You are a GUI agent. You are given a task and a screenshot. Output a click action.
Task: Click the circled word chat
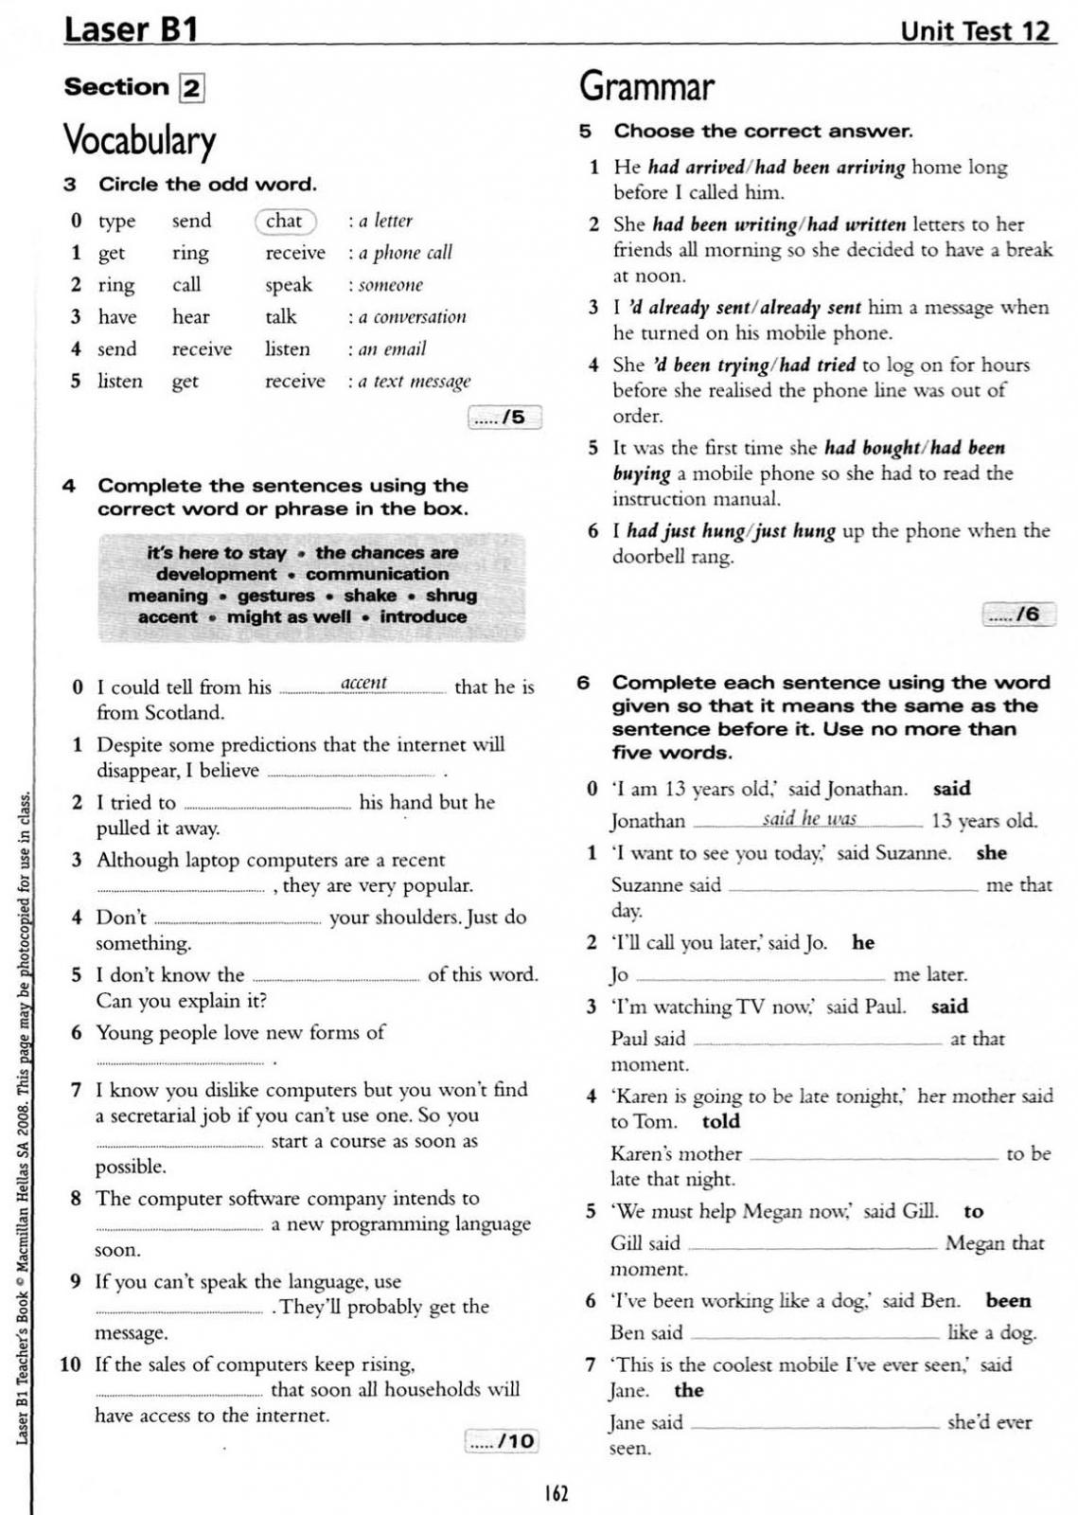285,222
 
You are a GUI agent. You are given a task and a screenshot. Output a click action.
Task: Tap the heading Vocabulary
139,140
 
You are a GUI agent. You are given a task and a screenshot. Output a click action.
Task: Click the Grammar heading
646,86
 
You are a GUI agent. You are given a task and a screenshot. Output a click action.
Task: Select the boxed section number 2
191,88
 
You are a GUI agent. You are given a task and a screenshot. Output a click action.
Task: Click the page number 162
556,1493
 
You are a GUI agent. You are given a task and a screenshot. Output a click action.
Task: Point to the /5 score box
505,417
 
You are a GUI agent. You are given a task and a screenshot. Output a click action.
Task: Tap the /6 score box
1018,615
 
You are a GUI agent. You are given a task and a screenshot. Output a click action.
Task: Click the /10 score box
502,1441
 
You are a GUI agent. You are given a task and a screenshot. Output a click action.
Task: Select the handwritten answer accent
363,683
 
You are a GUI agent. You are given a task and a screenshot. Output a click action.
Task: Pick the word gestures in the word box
275,596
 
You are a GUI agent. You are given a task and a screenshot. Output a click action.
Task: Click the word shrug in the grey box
451,596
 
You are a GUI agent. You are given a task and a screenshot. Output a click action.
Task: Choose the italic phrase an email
392,349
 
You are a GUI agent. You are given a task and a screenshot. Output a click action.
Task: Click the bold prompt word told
720,1122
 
